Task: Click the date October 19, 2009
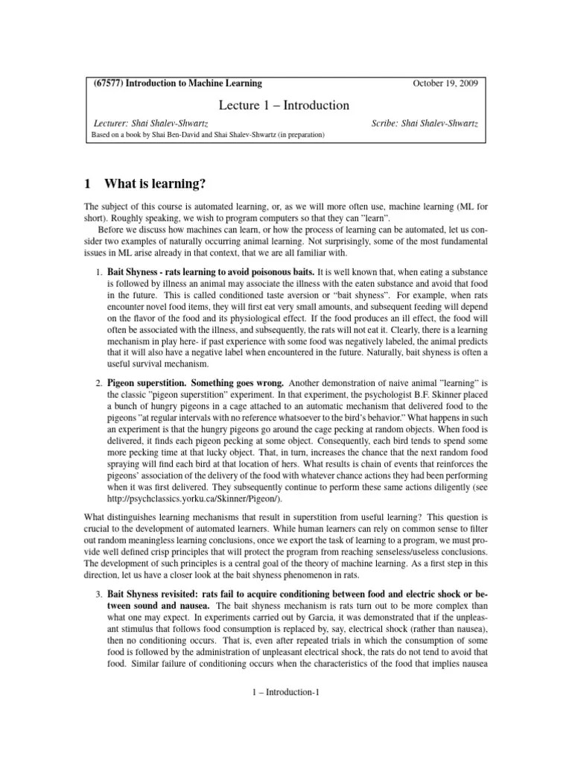pos(445,83)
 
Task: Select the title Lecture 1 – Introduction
pos(285,105)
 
